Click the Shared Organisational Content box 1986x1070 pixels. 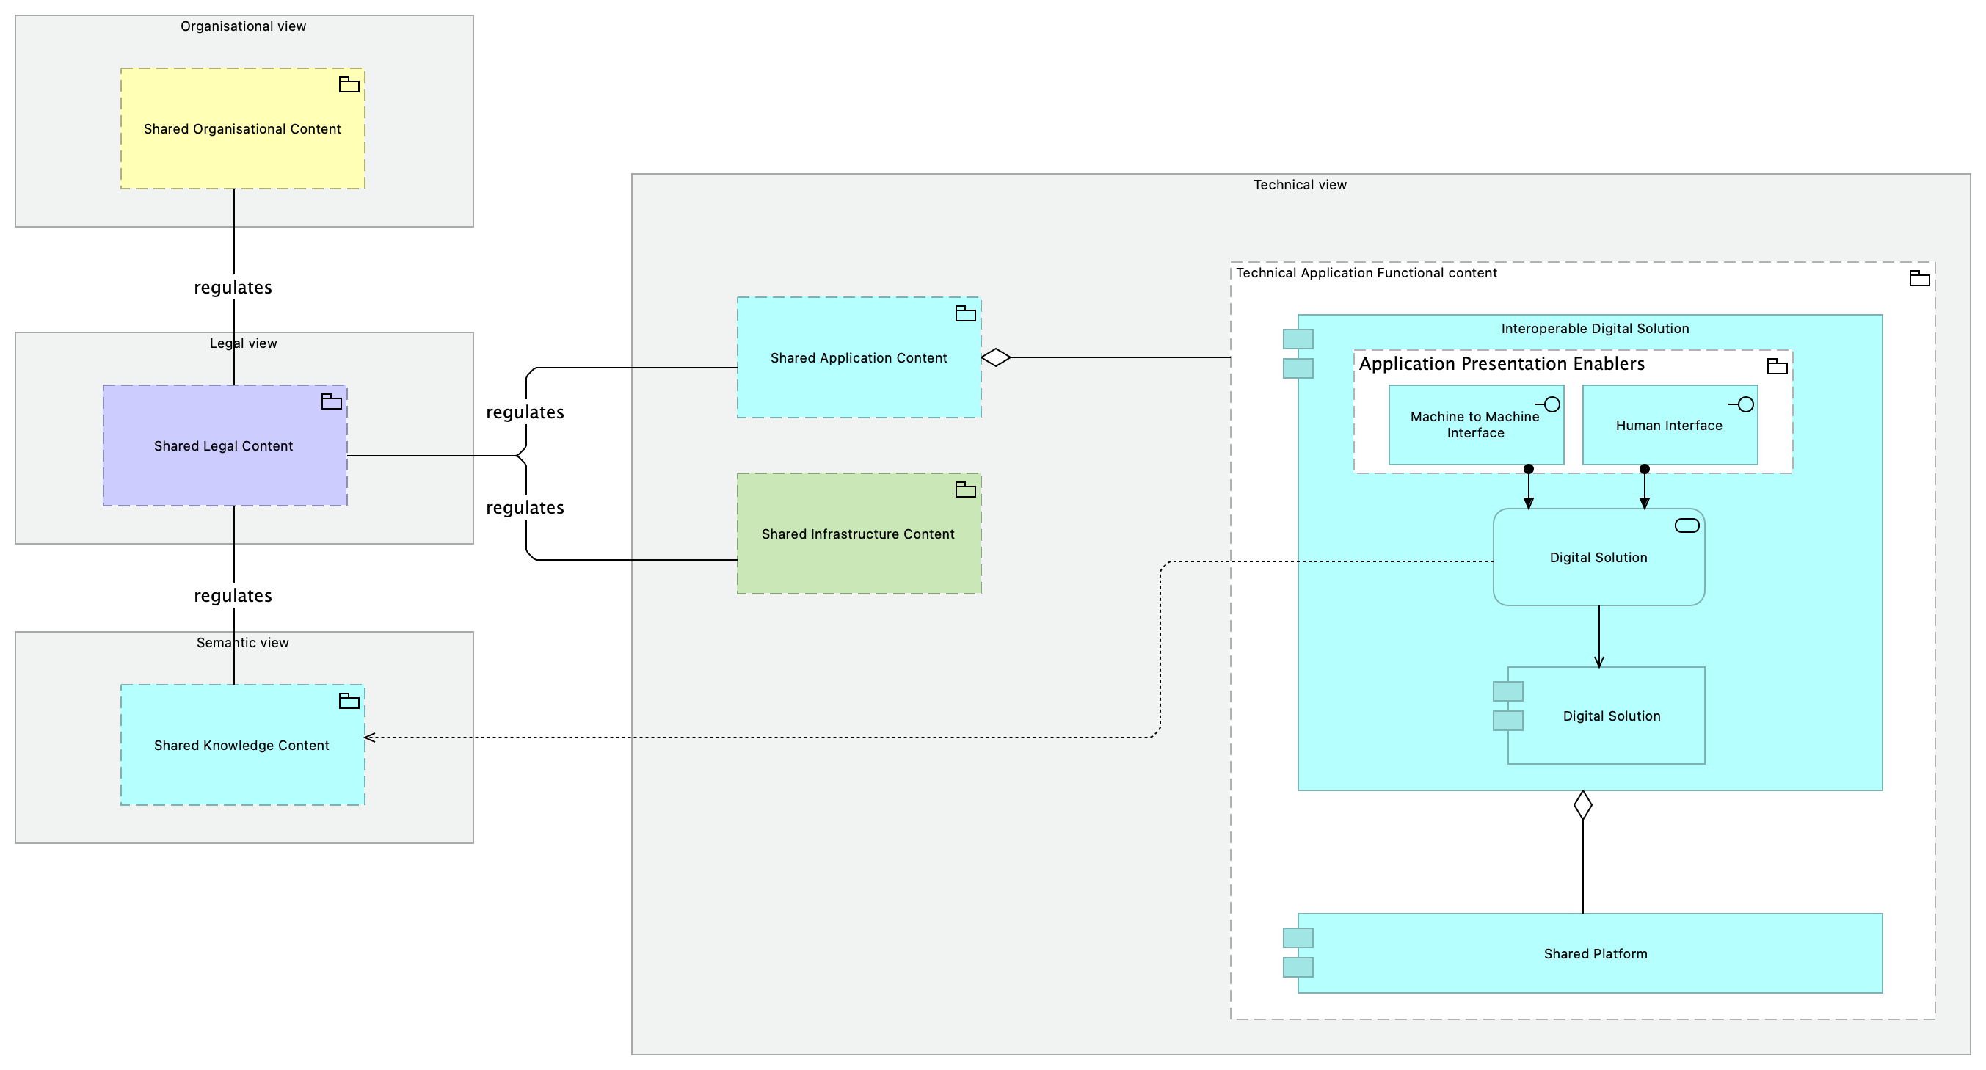[x=242, y=128]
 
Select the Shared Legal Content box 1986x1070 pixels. [x=225, y=445]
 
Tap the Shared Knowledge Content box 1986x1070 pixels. [x=242, y=745]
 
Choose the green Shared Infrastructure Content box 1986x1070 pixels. [x=859, y=534]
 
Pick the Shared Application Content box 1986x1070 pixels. [x=859, y=357]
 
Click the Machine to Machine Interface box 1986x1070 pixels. [x=1477, y=425]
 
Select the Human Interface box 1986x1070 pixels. [x=1670, y=425]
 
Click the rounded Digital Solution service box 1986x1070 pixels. [x=1599, y=556]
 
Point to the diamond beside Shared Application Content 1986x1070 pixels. [x=996, y=357]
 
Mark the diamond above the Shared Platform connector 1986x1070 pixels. [x=1583, y=805]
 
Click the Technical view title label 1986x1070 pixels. [x=1300, y=185]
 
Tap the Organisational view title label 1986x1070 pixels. [x=244, y=26]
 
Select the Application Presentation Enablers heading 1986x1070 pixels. [x=1502, y=364]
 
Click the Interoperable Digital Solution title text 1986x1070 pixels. [x=1595, y=328]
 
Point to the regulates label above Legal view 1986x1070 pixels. [x=233, y=288]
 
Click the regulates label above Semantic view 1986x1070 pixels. [x=233, y=596]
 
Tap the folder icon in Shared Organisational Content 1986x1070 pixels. [x=349, y=85]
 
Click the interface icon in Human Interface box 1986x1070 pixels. [x=1742, y=404]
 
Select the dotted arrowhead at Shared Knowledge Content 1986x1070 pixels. [x=368, y=738]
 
